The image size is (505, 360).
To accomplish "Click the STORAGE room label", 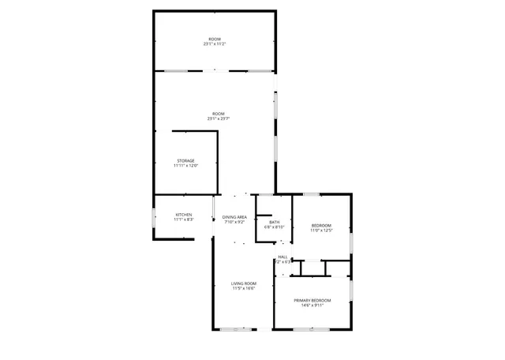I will [185, 160].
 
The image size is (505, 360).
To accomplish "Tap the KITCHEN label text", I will [184, 215].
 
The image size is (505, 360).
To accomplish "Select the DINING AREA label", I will [235, 217].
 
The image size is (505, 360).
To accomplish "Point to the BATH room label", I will [274, 222].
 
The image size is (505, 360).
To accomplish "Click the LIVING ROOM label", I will [244, 283].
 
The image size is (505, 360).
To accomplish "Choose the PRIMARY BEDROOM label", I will [312, 300].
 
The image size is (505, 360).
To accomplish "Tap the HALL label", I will [282, 257].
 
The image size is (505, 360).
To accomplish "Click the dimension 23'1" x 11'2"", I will [215, 44].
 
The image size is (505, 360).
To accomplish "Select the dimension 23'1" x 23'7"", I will [215, 119].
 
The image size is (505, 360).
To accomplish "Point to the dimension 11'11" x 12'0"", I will [185, 166].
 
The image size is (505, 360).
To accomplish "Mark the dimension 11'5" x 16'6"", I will [244, 289].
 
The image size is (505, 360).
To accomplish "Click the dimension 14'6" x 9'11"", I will [312, 306].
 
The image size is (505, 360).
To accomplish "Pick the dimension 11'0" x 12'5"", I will [322, 231].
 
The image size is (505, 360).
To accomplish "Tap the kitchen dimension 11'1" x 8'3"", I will [184, 219].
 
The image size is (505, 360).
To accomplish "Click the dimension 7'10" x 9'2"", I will [235, 223].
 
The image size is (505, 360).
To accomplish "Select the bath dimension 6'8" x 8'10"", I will [274, 227].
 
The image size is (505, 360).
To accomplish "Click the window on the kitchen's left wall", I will [153, 217].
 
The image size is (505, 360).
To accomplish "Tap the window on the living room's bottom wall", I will [238, 328].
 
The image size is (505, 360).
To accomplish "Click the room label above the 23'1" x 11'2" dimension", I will [215, 39].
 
